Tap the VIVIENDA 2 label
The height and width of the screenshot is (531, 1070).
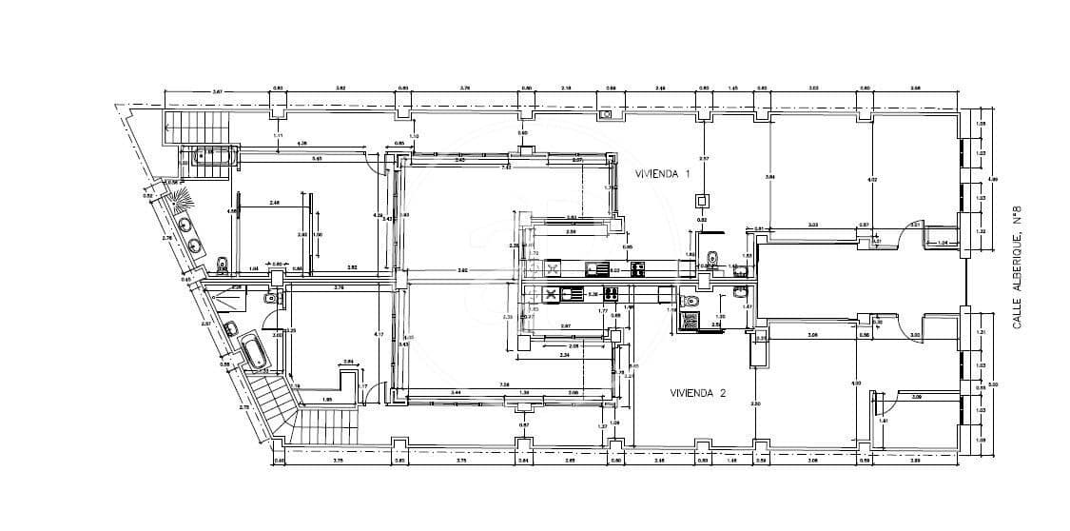tap(698, 392)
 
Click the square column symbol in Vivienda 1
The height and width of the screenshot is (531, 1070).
tap(702, 200)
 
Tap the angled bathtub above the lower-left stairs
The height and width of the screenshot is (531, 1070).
tap(255, 353)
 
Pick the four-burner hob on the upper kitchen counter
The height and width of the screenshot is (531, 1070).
tap(637, 267)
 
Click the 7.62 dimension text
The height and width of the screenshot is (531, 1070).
tap(507, 167)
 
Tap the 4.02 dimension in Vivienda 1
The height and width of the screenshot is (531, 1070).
tap(870, 179)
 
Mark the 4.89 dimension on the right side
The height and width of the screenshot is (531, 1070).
tap(993, 179)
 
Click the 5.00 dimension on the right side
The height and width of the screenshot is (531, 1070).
tap(993, 384)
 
